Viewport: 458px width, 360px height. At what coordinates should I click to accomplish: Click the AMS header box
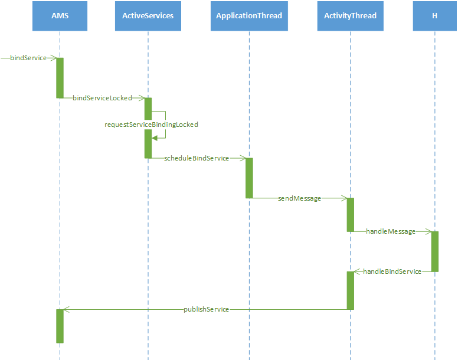60,15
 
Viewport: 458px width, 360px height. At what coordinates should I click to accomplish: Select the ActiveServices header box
148,15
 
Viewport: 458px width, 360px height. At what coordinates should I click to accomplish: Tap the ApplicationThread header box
249,15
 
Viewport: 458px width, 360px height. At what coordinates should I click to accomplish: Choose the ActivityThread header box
350,15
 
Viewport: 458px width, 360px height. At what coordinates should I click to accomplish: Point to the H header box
434,15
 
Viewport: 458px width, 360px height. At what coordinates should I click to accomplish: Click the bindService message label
28,58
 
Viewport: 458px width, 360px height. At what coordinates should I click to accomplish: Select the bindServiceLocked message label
102,98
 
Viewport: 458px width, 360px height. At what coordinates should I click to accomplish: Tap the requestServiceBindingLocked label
151,125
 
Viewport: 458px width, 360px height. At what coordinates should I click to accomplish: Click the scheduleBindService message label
197,158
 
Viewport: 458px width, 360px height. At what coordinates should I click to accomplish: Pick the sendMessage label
299,198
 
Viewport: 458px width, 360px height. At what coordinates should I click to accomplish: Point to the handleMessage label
390,231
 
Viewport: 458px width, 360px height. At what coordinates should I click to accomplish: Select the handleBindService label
392,271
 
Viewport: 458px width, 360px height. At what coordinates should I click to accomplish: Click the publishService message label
206,309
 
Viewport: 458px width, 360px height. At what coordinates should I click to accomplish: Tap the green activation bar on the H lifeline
434,251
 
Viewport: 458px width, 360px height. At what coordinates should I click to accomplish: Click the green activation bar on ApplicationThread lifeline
249,178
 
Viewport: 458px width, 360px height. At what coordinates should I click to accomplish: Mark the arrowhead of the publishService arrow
66,309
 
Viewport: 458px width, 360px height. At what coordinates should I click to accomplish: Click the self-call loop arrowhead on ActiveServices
155,138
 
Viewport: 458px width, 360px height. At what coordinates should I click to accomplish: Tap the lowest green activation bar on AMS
60,326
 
